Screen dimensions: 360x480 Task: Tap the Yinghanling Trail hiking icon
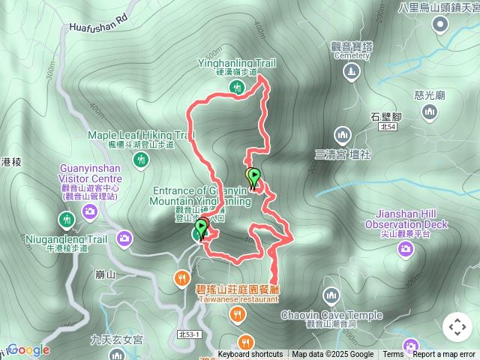(237, 88)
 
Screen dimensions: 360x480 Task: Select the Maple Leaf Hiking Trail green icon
(140, 159)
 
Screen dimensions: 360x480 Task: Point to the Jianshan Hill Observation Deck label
(406, 224)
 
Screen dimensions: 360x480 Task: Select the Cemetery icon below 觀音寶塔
(351, 71)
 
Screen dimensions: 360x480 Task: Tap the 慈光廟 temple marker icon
(430, 112)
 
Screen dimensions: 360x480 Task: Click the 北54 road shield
(388, 127)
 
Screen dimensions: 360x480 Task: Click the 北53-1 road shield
(189, 334)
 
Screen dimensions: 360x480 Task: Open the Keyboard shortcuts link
(250, 355)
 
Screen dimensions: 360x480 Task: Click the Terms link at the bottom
(393, 355)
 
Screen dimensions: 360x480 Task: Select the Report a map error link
(445, 355)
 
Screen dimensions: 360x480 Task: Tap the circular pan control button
(457, 327)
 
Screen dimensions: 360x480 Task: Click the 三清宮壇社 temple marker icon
(343, 135)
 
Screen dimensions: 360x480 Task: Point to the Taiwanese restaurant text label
(238, 298)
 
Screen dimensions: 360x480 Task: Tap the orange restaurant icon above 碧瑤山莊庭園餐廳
(181, 279)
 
